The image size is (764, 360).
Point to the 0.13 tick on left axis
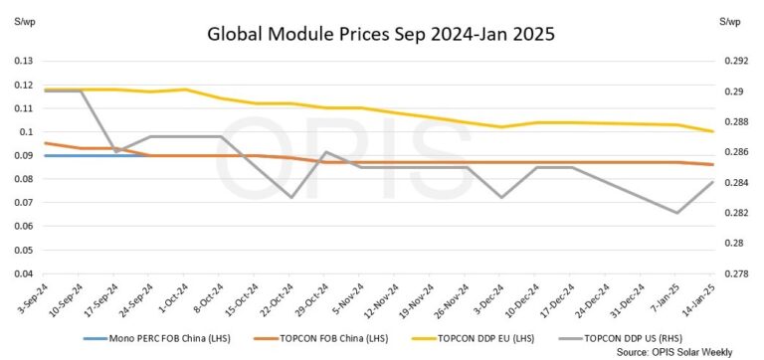[x=20, y=61]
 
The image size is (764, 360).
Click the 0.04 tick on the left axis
[x=20, y=273]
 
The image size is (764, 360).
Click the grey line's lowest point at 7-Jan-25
[x=677, y=213]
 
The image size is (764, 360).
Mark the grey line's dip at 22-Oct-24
[x=291, y=197]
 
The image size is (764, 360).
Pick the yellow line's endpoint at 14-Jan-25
[x=712, y=131]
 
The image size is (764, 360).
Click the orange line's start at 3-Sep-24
[x=45, y=143]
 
